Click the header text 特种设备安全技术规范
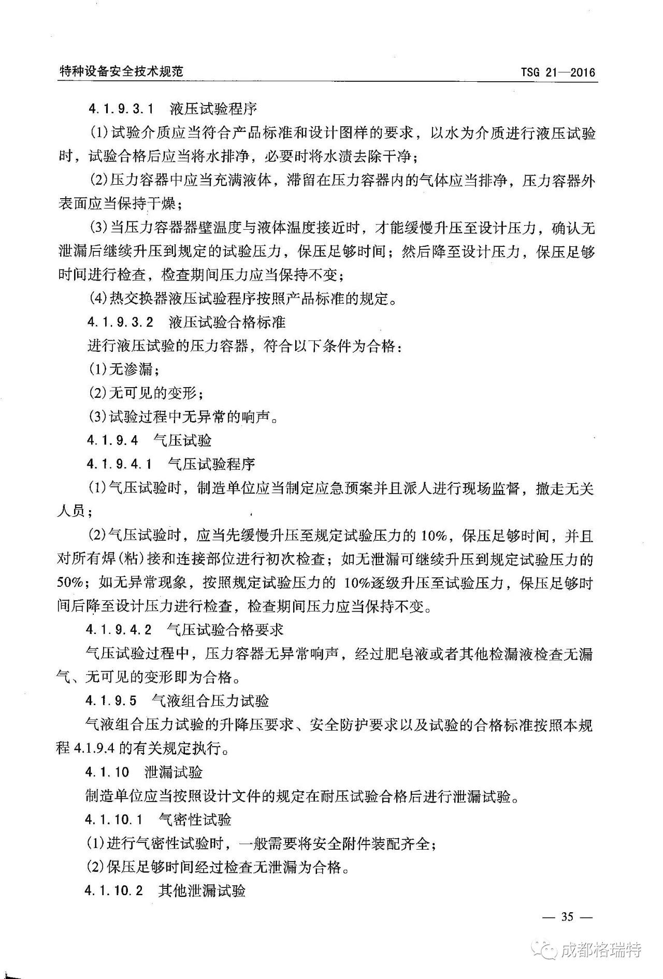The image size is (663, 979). [x=121, y=71]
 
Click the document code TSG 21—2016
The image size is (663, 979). [x=558, y=72]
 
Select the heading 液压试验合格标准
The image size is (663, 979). [x=227, y=322]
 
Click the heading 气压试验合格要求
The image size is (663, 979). [x=225, y=630]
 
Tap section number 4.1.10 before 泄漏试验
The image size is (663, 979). [x=108, y=773]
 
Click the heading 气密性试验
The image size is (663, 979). [x=195, y=820]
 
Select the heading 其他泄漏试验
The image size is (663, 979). [x=202, y=891]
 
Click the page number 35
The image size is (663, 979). [x=567, y=916]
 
